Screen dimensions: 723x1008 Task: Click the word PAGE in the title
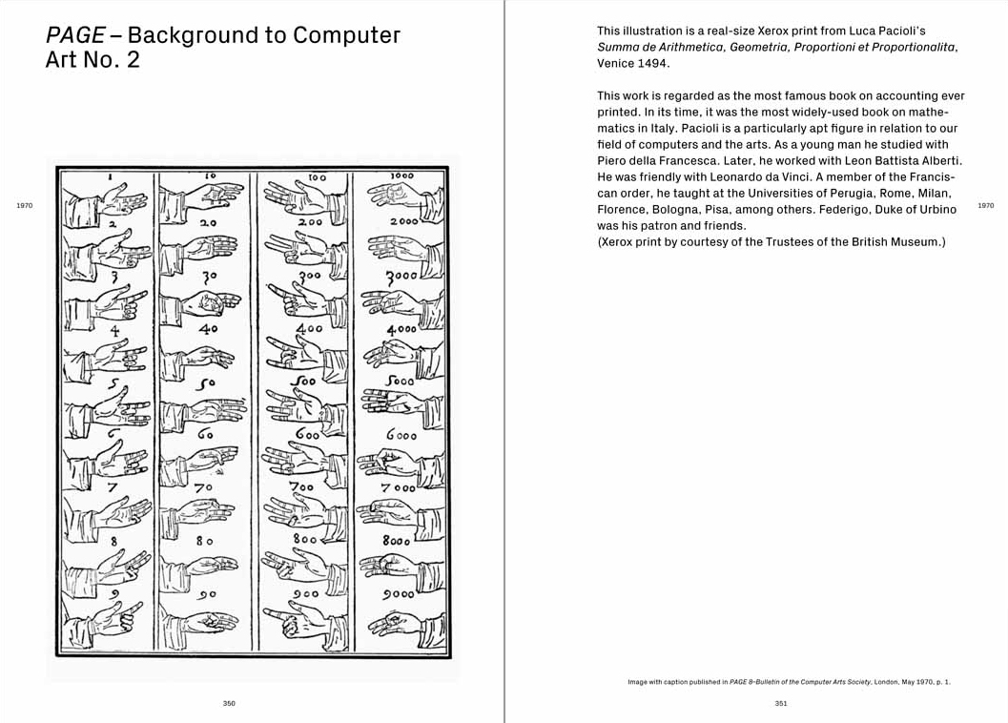pyautogui.click(x=75, y=36)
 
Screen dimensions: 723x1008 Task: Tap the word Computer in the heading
pyautogui.click(x=347, y=36)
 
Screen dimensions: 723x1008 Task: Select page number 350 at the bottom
pyautogui.click(x=229, y=704)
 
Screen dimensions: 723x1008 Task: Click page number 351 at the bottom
pyautogui.click(x=781, y=704)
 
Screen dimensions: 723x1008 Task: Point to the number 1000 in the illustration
pyautogui.click(x=401, y=176)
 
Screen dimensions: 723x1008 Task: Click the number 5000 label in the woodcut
pyautogui.click(x=400, y=381)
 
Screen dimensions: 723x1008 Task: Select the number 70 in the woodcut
pyautogui.click(x=204, y=487)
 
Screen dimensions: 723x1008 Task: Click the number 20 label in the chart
pyautogui.click(x=207, y=223)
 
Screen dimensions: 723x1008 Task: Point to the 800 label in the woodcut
pyautogui.click(x=305, y=540)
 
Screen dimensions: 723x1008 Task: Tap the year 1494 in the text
pyautogui.click(x=654, y=63)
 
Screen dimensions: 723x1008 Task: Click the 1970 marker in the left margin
pyautogui.click(x=25, y=205)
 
